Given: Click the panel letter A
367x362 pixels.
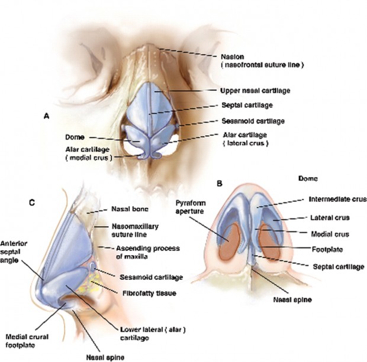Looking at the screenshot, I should pyautogui.click(x=47, y=117).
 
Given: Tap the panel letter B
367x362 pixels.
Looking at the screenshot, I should pyautogui.click(x=220, y=183).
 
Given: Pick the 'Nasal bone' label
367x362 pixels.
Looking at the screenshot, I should pyautogui.click(x=129, y=208).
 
